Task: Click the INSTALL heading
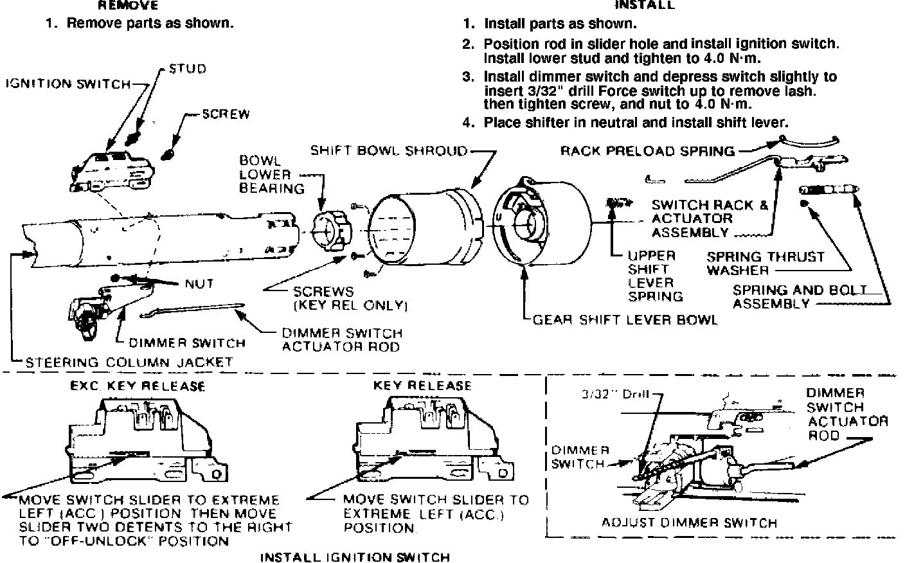[645, 5]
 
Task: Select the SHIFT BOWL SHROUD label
[389, 151]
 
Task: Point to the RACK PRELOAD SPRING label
[647, 152]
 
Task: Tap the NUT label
[199, 283]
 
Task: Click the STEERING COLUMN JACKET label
[129, 362]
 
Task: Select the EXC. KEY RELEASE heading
[137, 386]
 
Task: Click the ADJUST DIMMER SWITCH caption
[688, 523]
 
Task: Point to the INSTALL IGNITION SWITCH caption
[354, 557]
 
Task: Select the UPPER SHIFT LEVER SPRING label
[655, 276]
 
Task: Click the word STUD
[188, 69]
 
